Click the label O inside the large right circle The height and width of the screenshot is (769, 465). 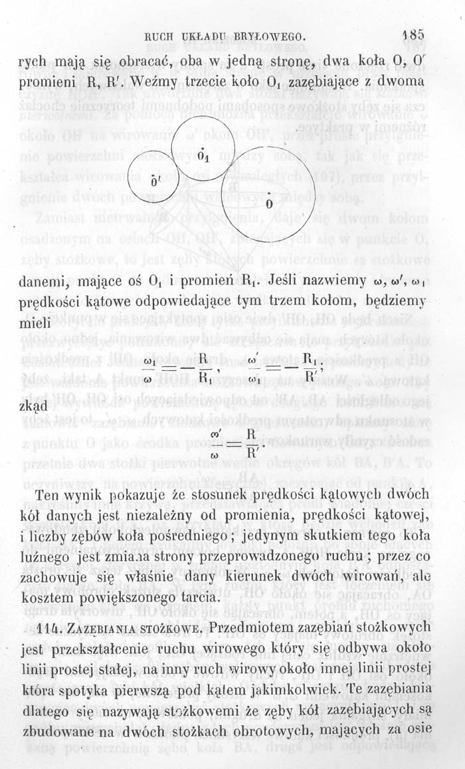268,203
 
